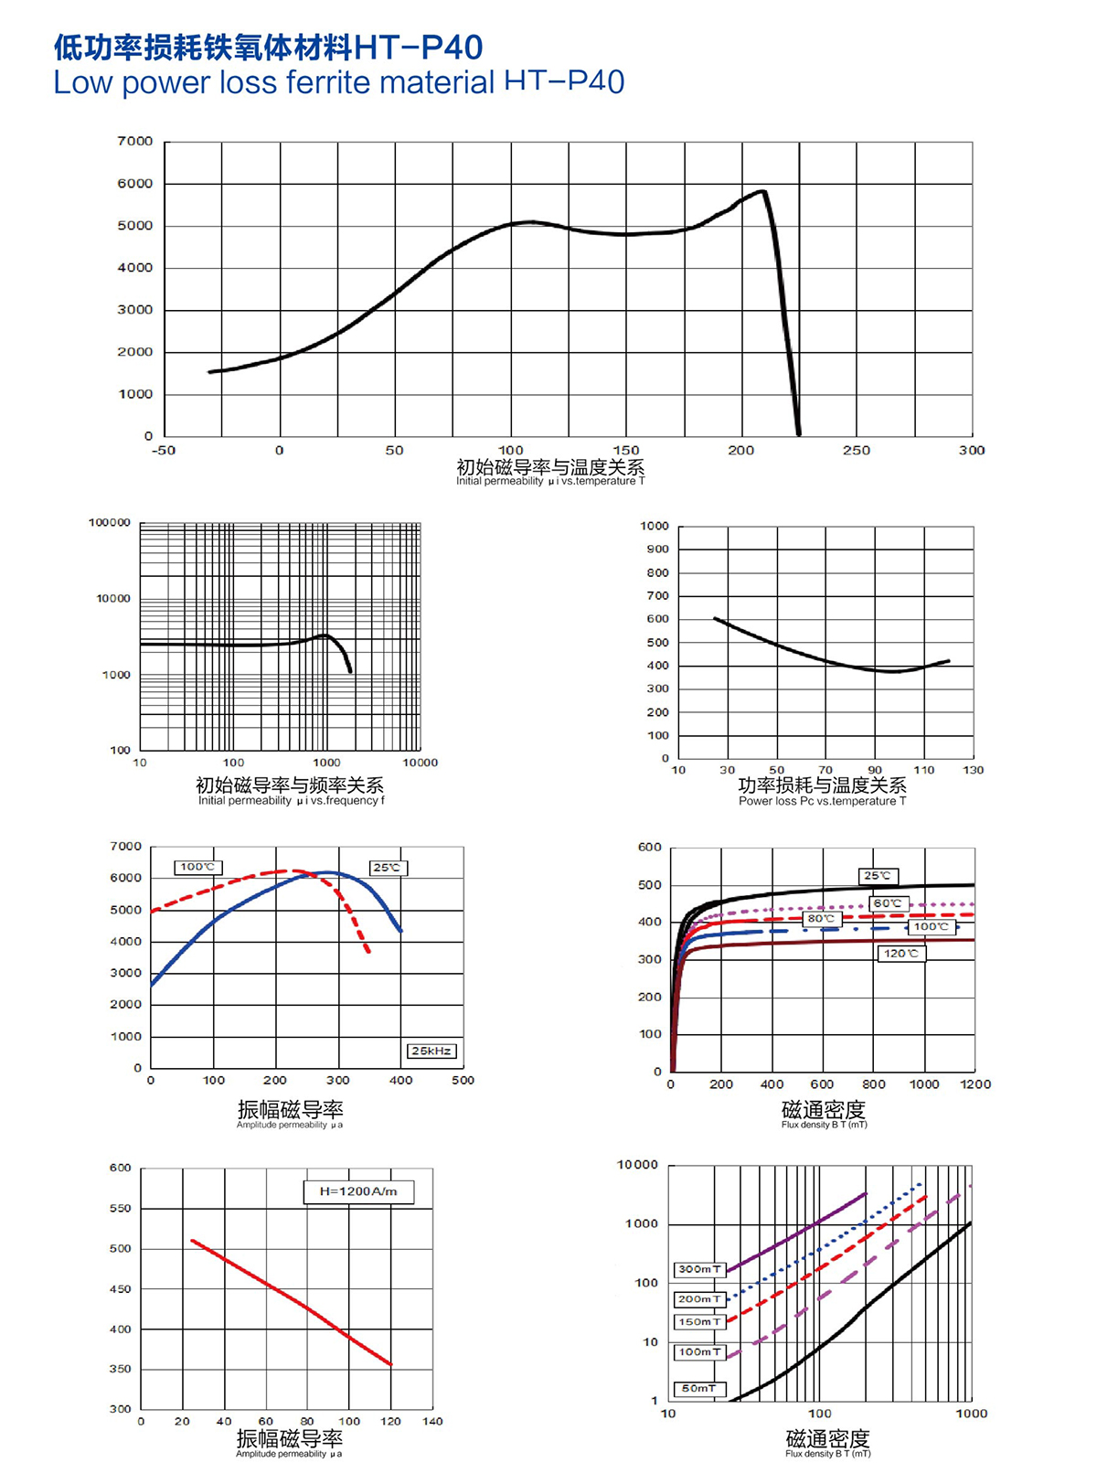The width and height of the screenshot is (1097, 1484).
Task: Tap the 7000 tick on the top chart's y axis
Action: (135, 142)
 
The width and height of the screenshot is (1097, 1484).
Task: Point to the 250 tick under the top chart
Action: (857, 450)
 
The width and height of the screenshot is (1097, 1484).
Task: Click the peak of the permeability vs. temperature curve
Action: (762, 191)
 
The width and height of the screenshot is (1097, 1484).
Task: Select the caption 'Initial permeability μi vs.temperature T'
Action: (550, 482)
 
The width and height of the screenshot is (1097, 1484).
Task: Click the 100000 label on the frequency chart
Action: (110, 523)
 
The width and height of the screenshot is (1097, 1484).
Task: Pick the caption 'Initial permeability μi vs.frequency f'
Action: (291, 801)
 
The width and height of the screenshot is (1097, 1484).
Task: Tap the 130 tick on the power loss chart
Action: (974, 770)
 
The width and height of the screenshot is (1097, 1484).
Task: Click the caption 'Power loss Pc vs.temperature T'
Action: (822, 802)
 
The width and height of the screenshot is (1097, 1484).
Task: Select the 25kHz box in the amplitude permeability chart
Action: (431, 1051)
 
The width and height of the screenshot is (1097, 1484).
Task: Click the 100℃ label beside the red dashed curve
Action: (197, 867)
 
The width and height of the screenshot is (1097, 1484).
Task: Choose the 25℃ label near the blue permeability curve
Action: (387, 868)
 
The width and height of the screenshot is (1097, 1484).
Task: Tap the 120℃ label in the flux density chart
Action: (901, 954)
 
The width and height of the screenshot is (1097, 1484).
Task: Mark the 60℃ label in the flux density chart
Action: (887, 903)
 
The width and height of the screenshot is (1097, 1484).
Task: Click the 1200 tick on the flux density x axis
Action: (975, 1084)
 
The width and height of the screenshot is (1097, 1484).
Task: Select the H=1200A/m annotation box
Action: (358, 1191)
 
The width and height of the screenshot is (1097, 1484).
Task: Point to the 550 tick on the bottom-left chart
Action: (121, 1209)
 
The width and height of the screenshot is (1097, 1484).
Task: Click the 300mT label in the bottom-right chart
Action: (700, 1269)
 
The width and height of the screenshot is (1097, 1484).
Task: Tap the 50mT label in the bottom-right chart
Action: (699, 1389)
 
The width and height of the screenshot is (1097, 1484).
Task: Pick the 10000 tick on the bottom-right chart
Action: (637, 1165)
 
